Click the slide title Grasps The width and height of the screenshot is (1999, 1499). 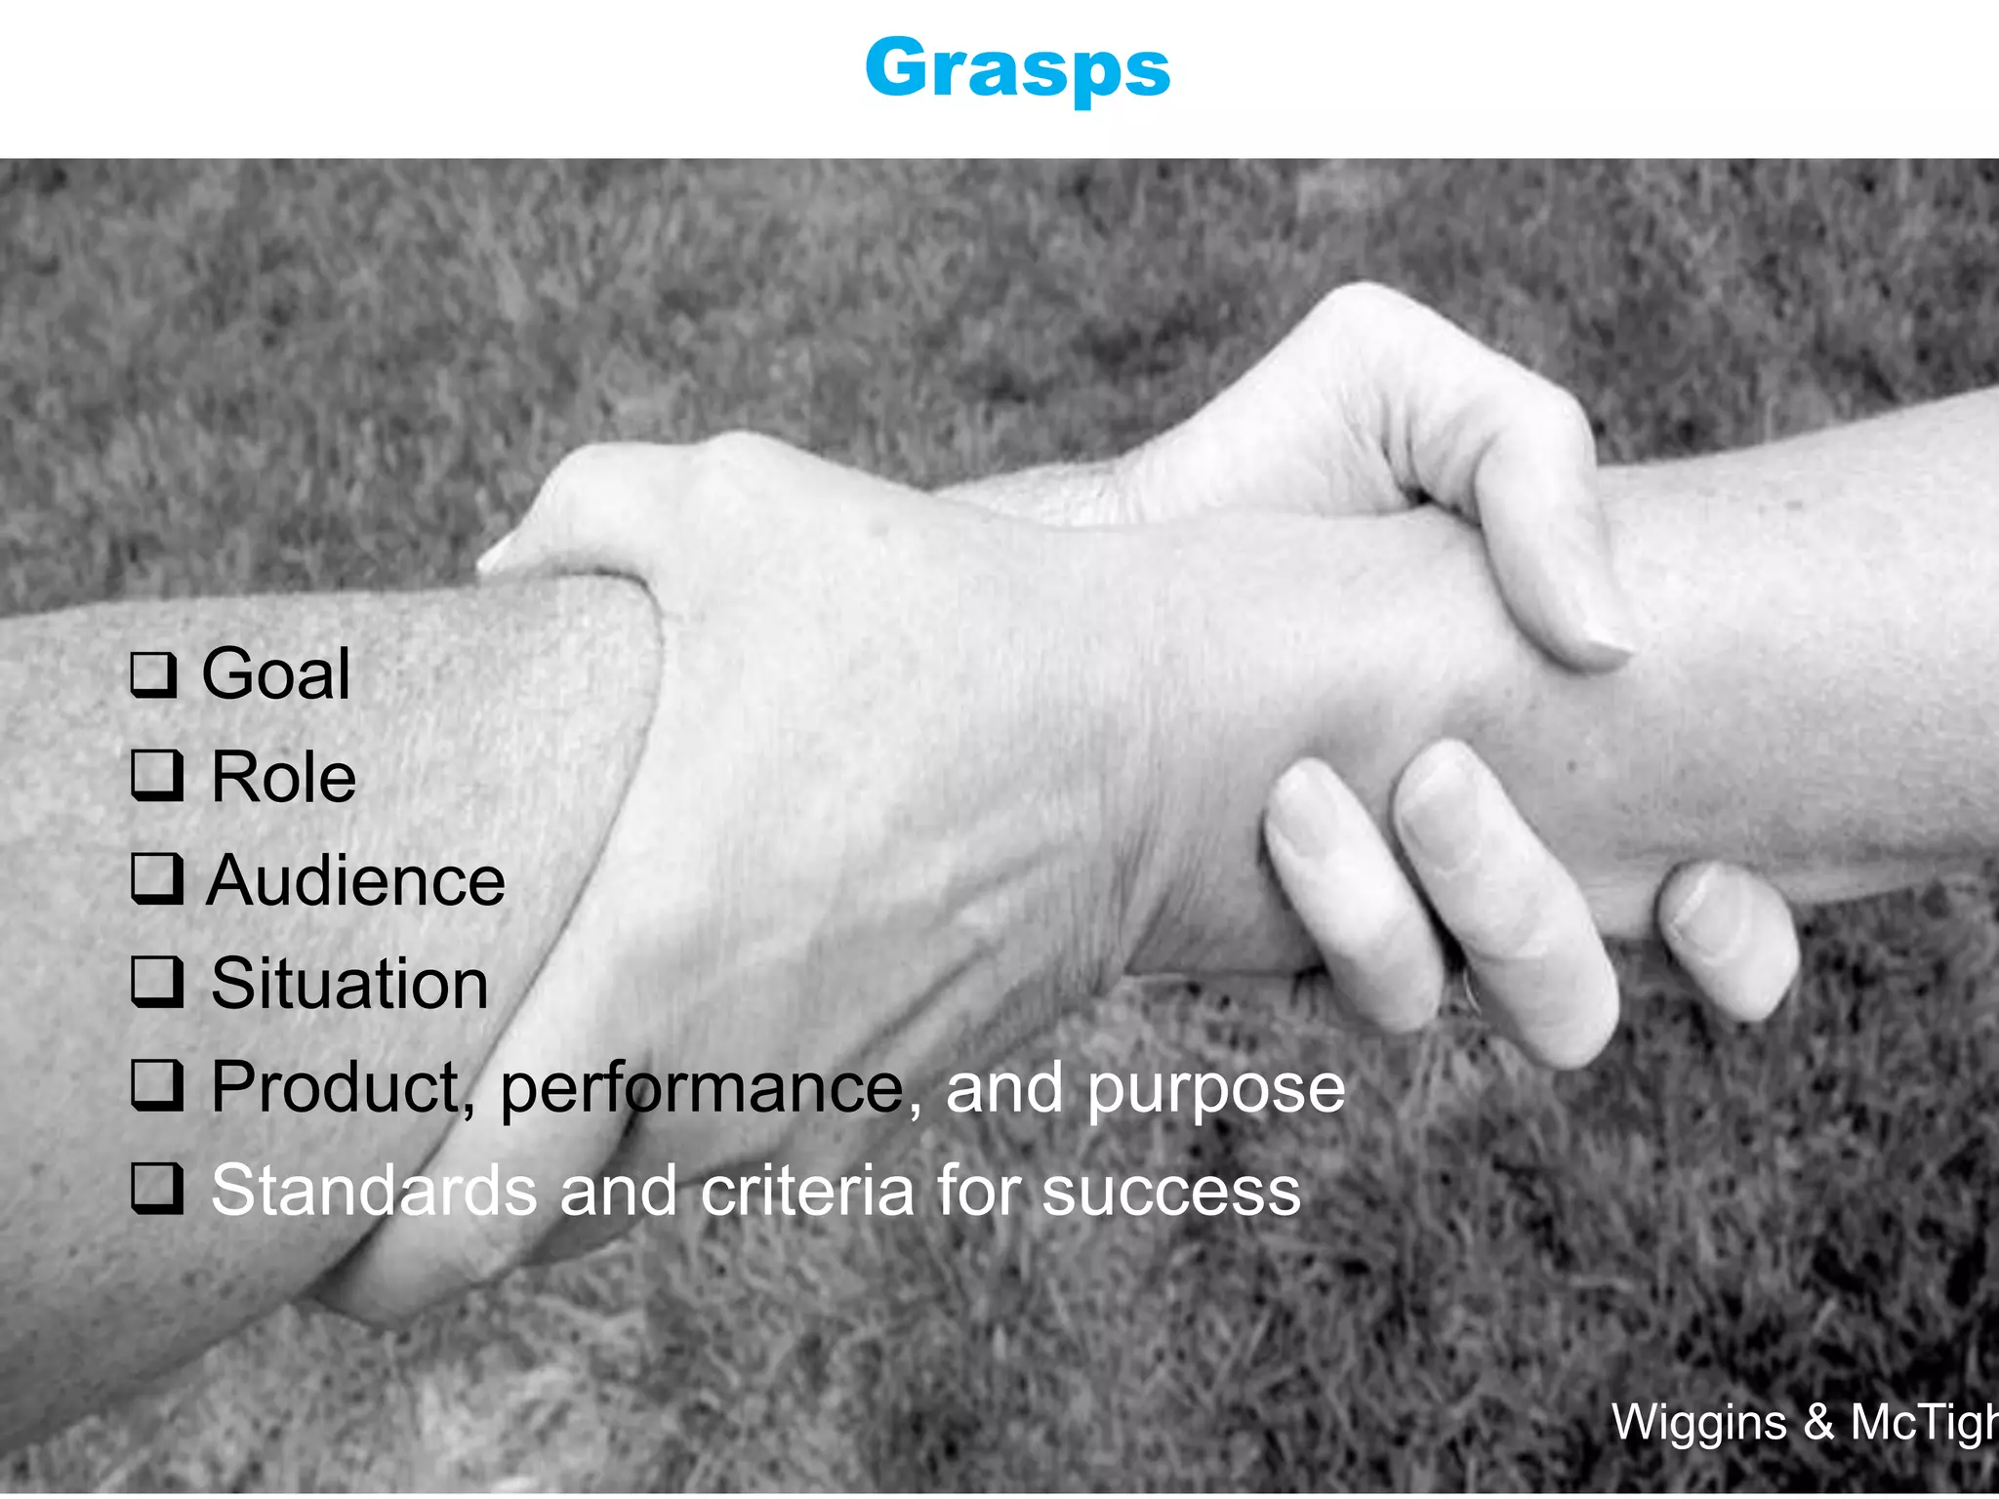coord(1017,68)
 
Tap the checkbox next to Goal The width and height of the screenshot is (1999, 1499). coord(154,674)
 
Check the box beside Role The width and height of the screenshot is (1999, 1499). coord(156,777)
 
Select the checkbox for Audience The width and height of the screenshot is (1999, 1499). coord(156,879)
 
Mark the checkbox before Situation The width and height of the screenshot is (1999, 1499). coord(156,983)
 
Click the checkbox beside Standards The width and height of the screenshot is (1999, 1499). coord(156,1190)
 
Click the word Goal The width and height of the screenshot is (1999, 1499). coord(275,673)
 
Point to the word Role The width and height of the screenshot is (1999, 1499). coord(283,778)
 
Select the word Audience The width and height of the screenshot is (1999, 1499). coord(356,880)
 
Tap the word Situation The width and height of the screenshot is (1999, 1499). coord(349,984)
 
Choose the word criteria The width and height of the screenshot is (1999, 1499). coord(807,1191)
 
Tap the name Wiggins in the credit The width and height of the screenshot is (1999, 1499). coord(1698,1422)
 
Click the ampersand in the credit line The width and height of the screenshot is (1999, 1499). coord(1818,1422)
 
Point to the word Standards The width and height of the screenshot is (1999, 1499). coord(374,1191)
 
